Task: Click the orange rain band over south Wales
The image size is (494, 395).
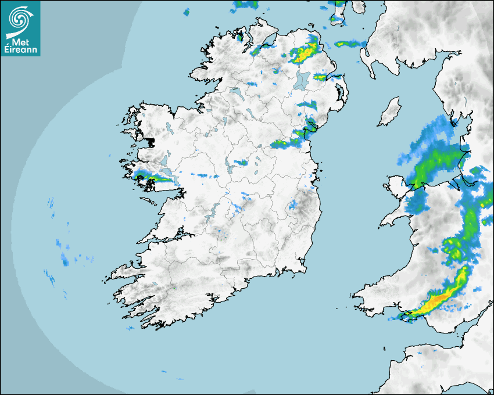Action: pos(439,299)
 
